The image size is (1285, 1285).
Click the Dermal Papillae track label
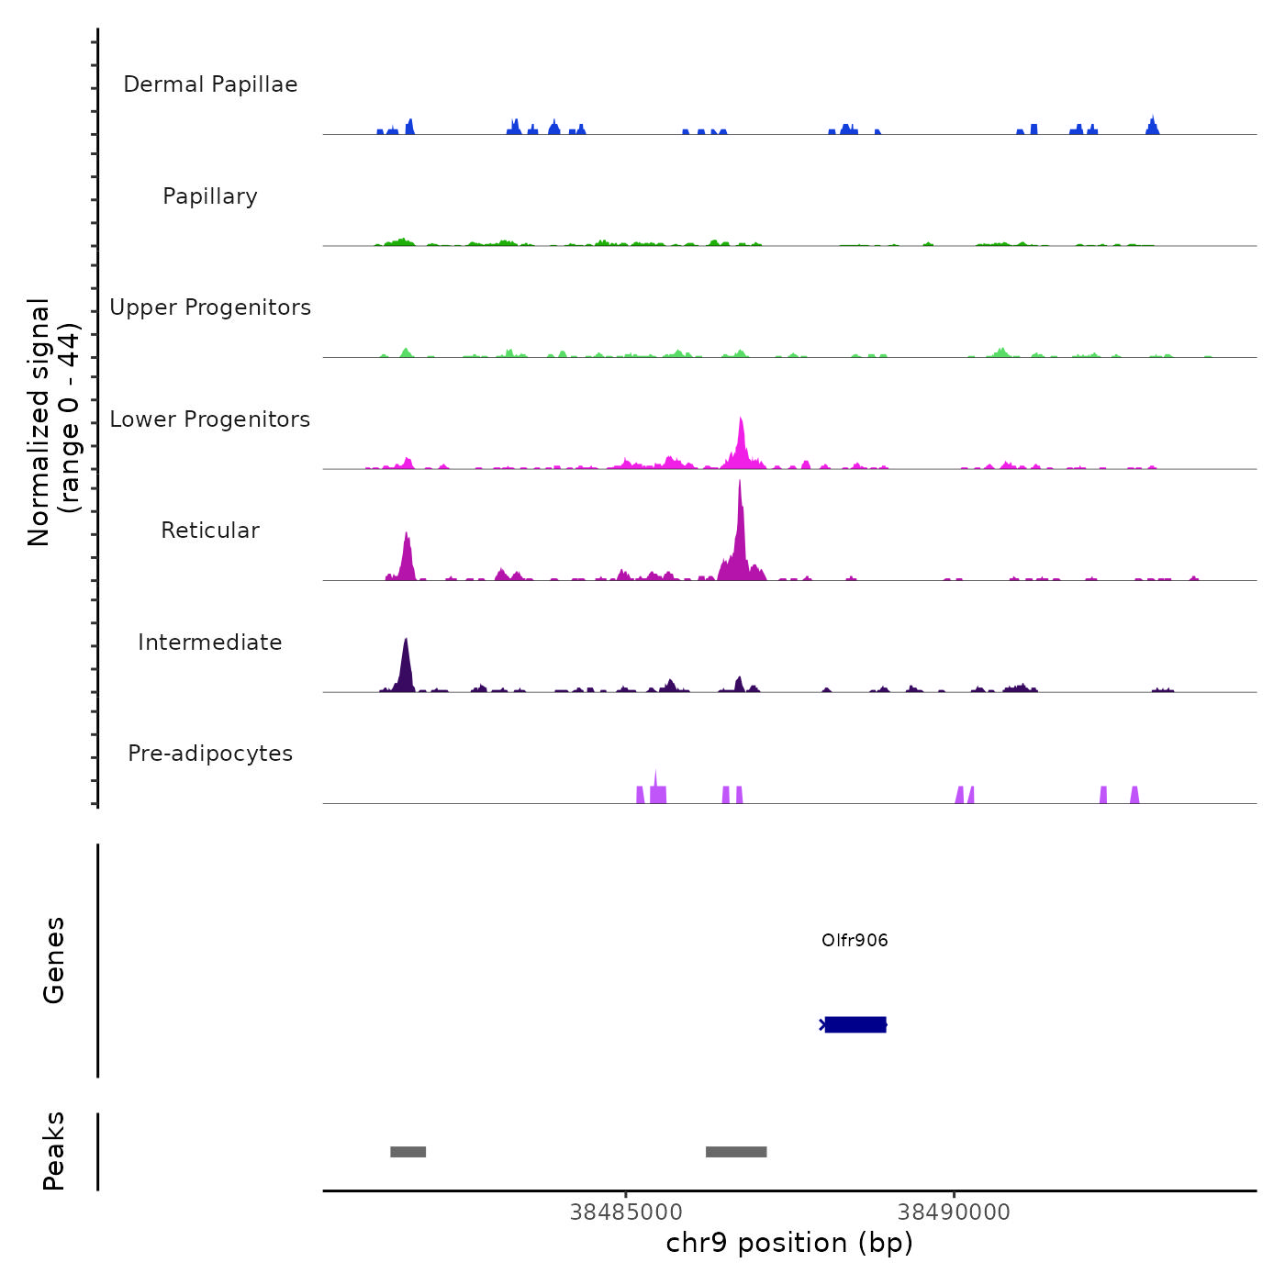(210, 84)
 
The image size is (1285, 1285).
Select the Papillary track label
(210, 196)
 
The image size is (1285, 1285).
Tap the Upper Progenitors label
(210, 307)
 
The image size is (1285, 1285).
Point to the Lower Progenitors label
(210, 419)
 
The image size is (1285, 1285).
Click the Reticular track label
(210, 531)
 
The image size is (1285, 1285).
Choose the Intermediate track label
(210, 642)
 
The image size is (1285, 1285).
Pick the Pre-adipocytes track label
(210, 754)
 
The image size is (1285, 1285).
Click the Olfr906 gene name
(855, 941)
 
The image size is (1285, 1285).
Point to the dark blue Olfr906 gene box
(855, 1024)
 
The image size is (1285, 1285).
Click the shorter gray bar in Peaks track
(408, 1152)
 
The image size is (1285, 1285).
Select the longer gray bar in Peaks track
(736, 1152)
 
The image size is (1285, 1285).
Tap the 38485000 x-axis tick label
(626, 1212)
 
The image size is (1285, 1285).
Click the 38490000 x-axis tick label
(954, 1212)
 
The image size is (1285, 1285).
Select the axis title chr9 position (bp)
(789, 1243)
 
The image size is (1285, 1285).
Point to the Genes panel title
(53, 960)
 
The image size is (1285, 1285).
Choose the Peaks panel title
(53, 1151)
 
